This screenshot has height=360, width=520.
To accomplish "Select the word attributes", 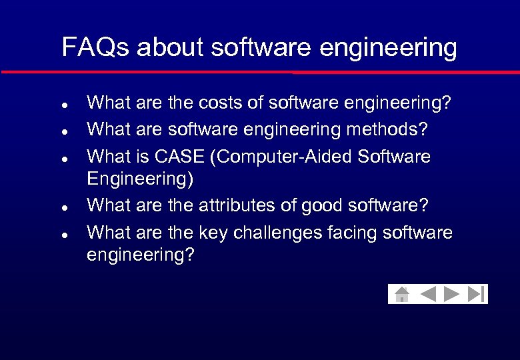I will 239,206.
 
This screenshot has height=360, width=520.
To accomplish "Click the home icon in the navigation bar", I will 401,294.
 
